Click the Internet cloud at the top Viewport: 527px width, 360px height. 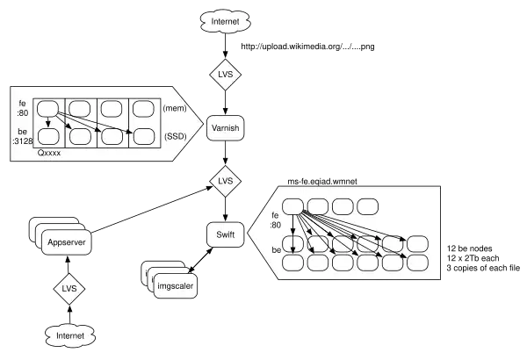(225, 18)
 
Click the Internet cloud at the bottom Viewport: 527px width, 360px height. (70, 335)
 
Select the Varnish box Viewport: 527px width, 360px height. (226, 130)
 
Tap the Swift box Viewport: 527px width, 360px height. (225, 233)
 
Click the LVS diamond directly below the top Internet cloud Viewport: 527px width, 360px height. (225, 76)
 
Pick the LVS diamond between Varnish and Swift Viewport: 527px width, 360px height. (226, 181)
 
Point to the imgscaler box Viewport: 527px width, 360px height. (176, 285)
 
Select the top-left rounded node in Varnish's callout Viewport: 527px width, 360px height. (47, 108)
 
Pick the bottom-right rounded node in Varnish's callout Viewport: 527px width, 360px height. (143, 136)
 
